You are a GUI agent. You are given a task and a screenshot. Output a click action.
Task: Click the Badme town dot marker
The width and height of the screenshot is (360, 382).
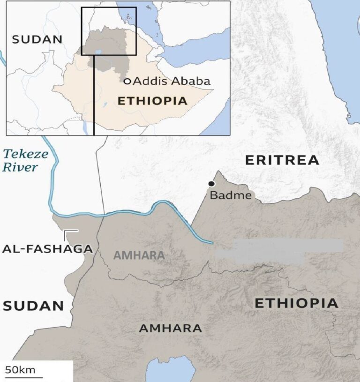[x=212, y=184]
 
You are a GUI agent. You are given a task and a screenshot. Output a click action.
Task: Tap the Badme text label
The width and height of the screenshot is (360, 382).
[x=230, y=195]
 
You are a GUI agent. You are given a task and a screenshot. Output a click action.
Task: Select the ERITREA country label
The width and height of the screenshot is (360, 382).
[x=282, y=160]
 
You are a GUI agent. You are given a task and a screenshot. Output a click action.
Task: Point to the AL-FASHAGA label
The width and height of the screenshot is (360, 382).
[x=47, y=249]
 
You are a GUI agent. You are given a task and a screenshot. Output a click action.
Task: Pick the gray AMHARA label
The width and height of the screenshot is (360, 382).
[x=139, y=255]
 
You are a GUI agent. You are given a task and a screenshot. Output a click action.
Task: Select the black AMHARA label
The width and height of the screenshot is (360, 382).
[x=171, y=328]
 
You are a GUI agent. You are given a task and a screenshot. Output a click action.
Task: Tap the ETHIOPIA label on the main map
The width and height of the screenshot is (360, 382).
[x=296, y=303]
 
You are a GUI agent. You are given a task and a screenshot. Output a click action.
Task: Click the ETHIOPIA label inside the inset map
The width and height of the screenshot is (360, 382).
[x=152, y=101]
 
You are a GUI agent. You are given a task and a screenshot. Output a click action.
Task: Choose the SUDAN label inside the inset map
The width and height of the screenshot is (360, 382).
[x=37, y=39]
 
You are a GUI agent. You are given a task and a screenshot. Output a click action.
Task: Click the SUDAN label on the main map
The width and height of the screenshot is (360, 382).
[x=33, y=306]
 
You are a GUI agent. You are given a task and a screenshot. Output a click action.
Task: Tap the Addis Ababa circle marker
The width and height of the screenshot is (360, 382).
[x=127, y=81]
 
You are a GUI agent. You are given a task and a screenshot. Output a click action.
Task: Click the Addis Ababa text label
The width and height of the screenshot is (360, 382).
[x=172, y=81]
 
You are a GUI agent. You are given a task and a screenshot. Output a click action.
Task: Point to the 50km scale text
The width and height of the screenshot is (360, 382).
[x=20, y=369]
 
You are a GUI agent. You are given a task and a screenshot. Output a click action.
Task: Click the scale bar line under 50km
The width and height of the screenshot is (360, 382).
[x=23, y=377]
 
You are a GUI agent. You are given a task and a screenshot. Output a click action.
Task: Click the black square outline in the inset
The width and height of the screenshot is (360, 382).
[x=109, y=8]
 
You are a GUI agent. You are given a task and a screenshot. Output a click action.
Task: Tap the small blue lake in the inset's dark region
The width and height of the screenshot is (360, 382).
[x=97, y=52]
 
